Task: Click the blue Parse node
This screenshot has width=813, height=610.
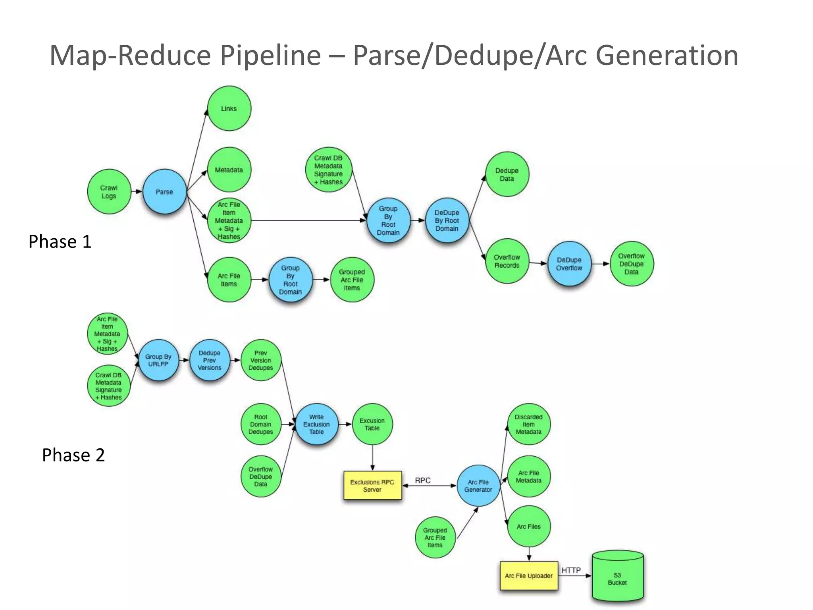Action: point(164,192)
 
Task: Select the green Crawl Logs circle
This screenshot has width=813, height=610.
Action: point(109,192)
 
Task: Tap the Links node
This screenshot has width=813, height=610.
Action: point(229,108)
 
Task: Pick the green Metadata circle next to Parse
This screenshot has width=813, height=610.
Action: point(229,170)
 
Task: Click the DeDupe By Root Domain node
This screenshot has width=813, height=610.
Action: point(447,221)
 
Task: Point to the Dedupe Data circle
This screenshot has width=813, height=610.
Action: point(507,174)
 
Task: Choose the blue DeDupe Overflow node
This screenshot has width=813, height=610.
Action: point(569,264)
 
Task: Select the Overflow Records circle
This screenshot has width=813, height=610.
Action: point(507,261)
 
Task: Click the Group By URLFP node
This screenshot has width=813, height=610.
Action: point(158,360)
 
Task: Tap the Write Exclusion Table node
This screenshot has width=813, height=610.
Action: point(316,425)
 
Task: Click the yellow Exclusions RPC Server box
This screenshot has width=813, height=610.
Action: point(372,486)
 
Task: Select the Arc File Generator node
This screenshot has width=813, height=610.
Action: point(478,486)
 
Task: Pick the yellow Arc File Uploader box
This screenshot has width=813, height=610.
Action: point(529,576)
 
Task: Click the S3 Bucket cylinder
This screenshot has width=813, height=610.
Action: point(618,579)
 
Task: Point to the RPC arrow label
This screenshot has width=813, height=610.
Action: point(423,481)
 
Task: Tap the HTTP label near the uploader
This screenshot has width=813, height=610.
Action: point(571,570)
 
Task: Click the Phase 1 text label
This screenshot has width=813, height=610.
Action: point(60,241)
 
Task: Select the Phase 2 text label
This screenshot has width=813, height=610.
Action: point(73,455)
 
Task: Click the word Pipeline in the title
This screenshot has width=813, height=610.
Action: point(270,55)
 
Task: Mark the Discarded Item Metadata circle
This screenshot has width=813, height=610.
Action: point(529,425)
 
